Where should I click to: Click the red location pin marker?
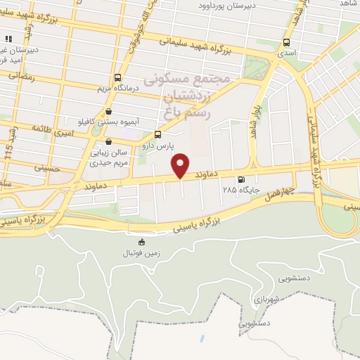181,165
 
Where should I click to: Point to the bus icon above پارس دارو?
157,134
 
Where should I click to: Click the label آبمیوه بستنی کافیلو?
108,121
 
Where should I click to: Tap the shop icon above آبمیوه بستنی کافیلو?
108,111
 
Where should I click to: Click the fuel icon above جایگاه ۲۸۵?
241,179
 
